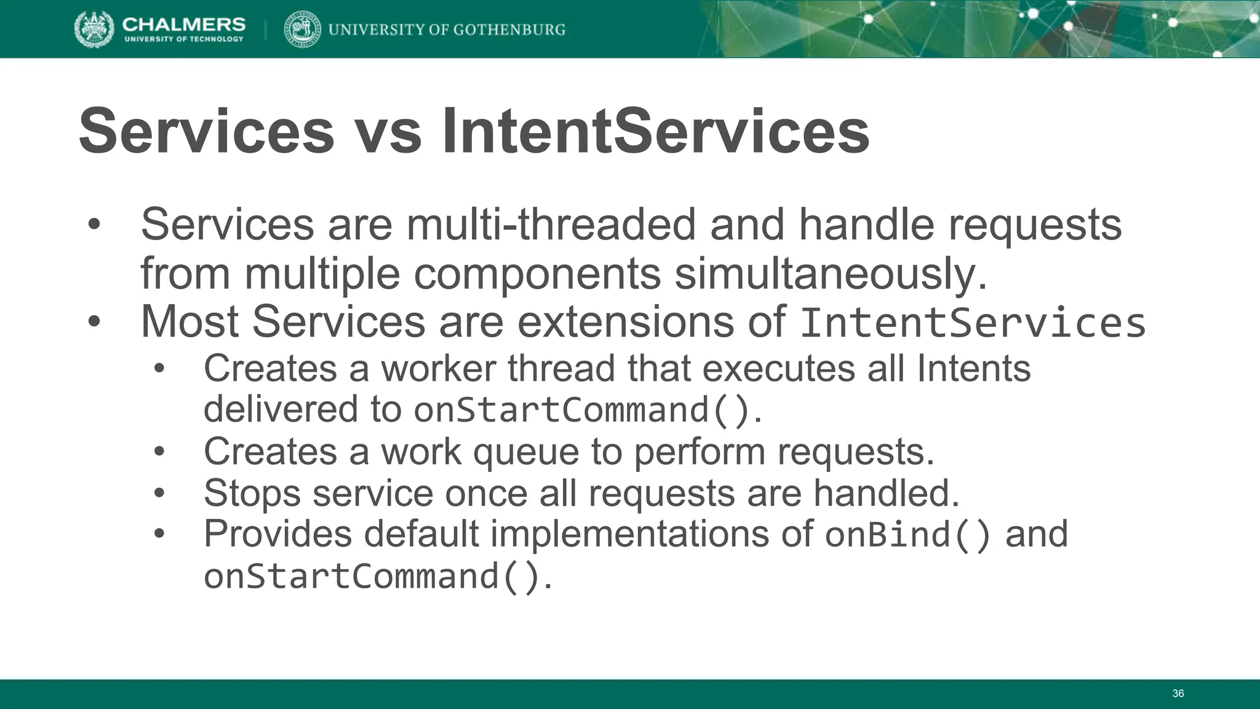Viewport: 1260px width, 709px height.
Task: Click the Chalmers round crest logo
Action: [x=94, y=29]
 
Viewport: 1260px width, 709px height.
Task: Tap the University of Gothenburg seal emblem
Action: [x=302, y=29]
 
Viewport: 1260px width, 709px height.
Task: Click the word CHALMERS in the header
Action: [x=184, y=24]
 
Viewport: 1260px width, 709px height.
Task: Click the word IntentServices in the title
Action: [x=656, y=131]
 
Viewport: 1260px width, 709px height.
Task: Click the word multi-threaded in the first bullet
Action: [x=551, y=225]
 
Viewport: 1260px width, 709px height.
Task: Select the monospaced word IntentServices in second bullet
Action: [x=972, y=322]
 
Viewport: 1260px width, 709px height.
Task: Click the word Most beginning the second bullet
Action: [x=189, y=321]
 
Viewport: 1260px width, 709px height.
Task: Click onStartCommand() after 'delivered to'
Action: [x=582, y=410]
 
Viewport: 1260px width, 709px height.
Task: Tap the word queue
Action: [x=525, y=452]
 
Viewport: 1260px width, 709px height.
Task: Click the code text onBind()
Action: [x=907, y=534]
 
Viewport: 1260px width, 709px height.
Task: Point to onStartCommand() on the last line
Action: [x=373, y=577]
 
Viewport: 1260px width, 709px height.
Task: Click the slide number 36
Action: [x=1178, y=694]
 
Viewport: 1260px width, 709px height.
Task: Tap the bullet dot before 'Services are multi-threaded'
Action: [x=94, y=224]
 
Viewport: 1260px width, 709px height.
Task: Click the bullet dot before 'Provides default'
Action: [x=159, y=534]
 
